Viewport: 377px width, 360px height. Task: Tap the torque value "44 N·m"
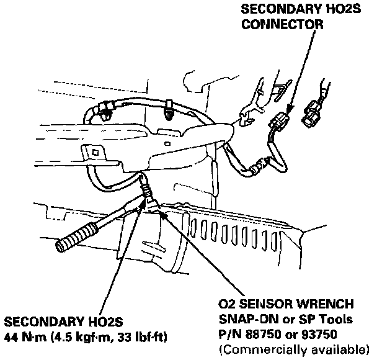click(x=27, y=337)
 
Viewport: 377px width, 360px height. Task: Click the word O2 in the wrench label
click(x=226, y=306)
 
